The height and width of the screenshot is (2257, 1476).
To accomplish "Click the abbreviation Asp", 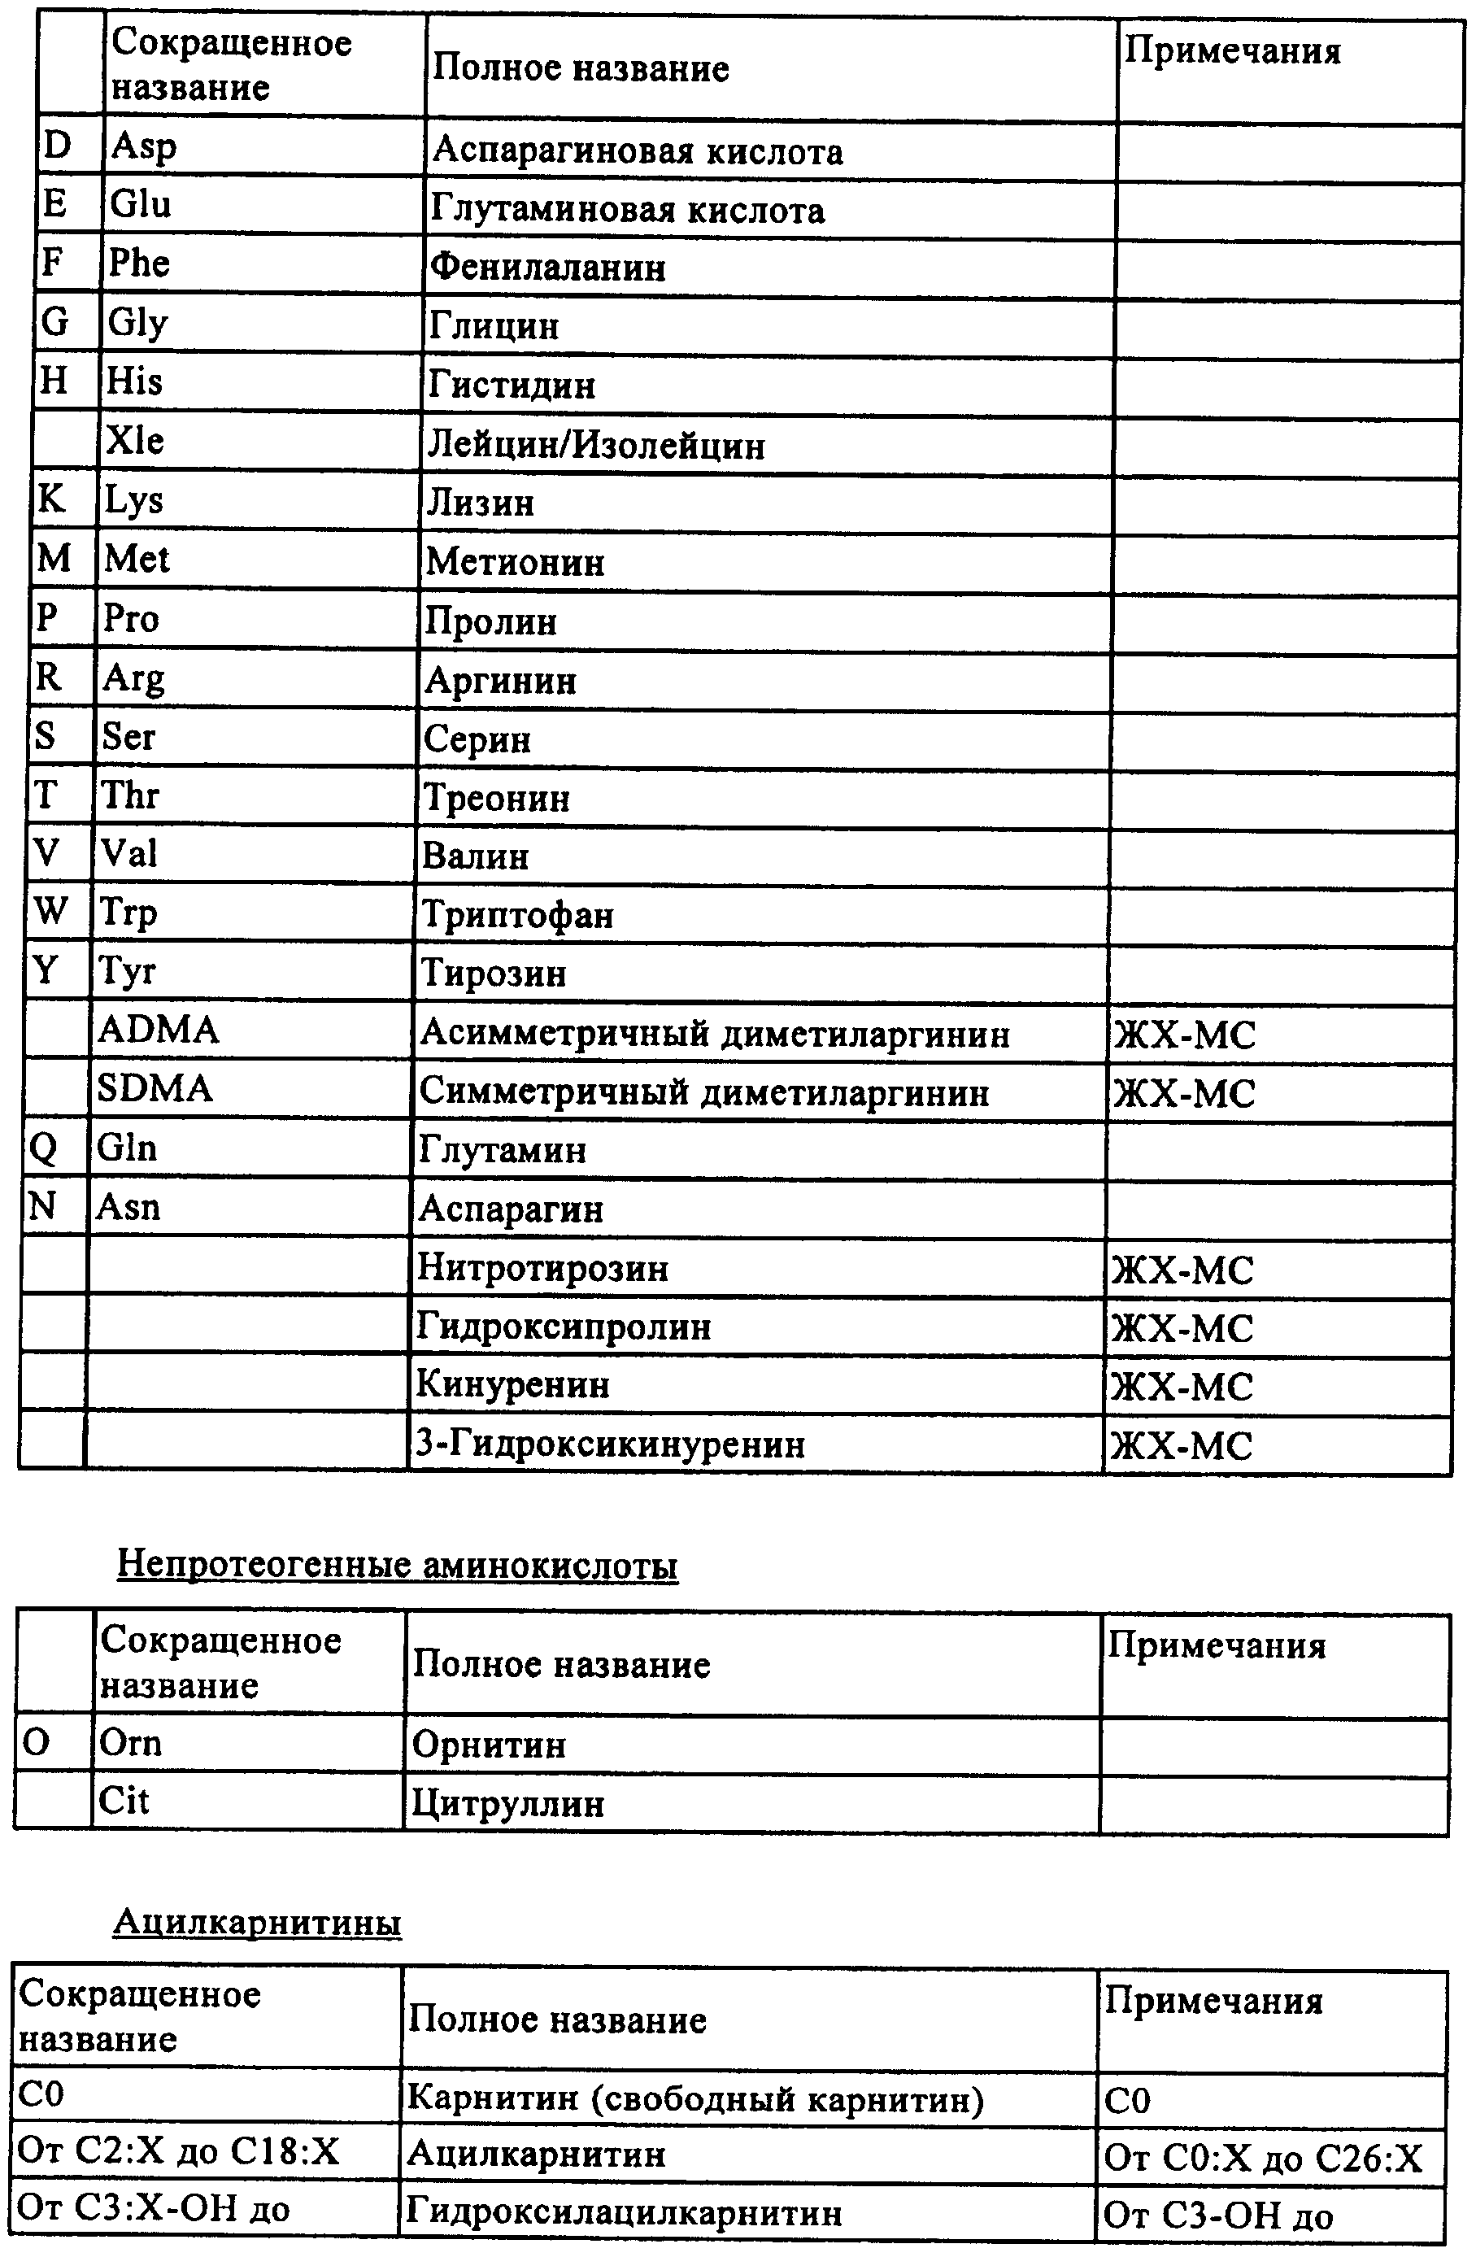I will (143, 147).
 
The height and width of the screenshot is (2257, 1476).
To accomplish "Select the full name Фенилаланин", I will (548, 268).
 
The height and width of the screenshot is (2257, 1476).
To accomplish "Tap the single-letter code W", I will (51, 911).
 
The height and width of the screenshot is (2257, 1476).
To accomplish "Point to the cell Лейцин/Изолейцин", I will (595, 445).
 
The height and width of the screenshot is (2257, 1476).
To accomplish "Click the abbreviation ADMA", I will (159, 1030).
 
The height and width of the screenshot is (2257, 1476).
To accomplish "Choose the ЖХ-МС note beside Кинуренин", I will (1182, 1387).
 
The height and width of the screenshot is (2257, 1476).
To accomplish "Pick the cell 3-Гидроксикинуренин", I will (611, 1444).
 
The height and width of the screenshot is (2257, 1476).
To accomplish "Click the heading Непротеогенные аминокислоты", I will (397, 1565).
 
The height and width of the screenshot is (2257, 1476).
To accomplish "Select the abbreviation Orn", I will (131, 1743).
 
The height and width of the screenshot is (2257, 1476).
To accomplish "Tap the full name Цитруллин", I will (507, 1803).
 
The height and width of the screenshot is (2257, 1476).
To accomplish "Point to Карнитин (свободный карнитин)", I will (694, 2098).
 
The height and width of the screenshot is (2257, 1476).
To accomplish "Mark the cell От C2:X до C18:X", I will (178, 2152).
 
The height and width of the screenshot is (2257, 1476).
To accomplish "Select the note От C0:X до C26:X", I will (1264, 2159).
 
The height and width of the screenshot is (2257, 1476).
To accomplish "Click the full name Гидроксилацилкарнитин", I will (624, 2212).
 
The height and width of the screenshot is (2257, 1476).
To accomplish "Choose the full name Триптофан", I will (517, 914).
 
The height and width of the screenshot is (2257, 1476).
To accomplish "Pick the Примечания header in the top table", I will (1232, 50).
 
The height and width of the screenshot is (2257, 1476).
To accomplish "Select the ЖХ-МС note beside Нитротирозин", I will (1182, 1270).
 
